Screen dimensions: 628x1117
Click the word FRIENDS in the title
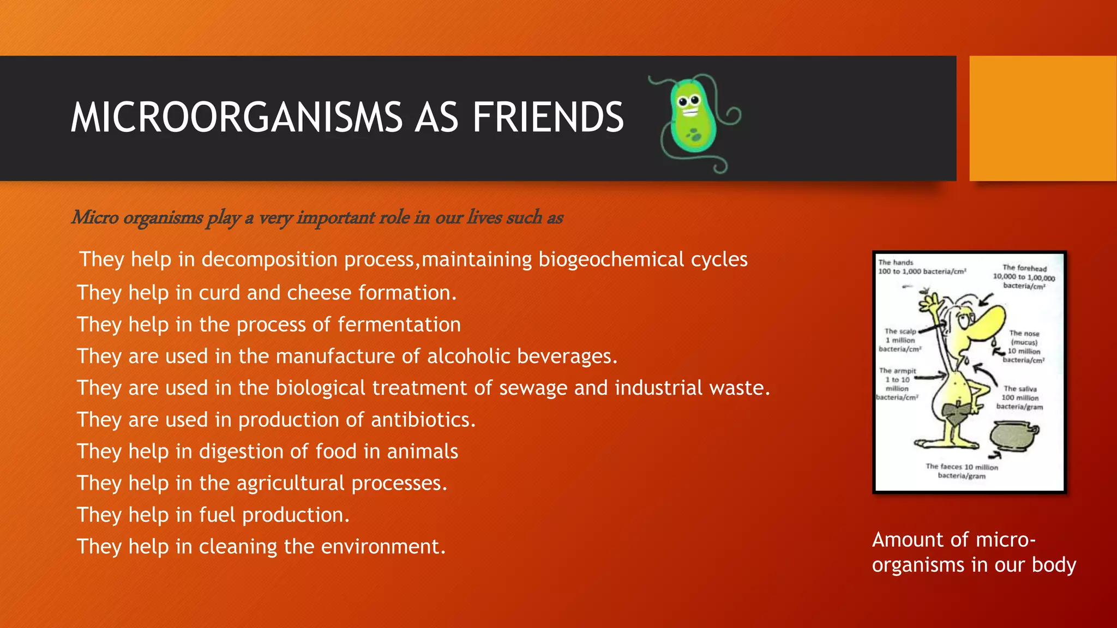(x=548, y=117)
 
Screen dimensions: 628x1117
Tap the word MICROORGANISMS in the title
(x=236, y=117)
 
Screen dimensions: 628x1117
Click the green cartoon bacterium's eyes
(x=688, y=100)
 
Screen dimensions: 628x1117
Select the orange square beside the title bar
(x=1042, y=118)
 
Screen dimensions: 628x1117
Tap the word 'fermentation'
(x=399, y=324)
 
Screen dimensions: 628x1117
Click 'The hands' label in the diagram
(x=895, y=262)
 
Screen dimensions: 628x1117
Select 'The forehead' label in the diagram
(x=1024, y=268)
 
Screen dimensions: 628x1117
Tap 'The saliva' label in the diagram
(x=1020, y=389)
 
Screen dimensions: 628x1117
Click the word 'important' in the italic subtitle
(x=335, y=217)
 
